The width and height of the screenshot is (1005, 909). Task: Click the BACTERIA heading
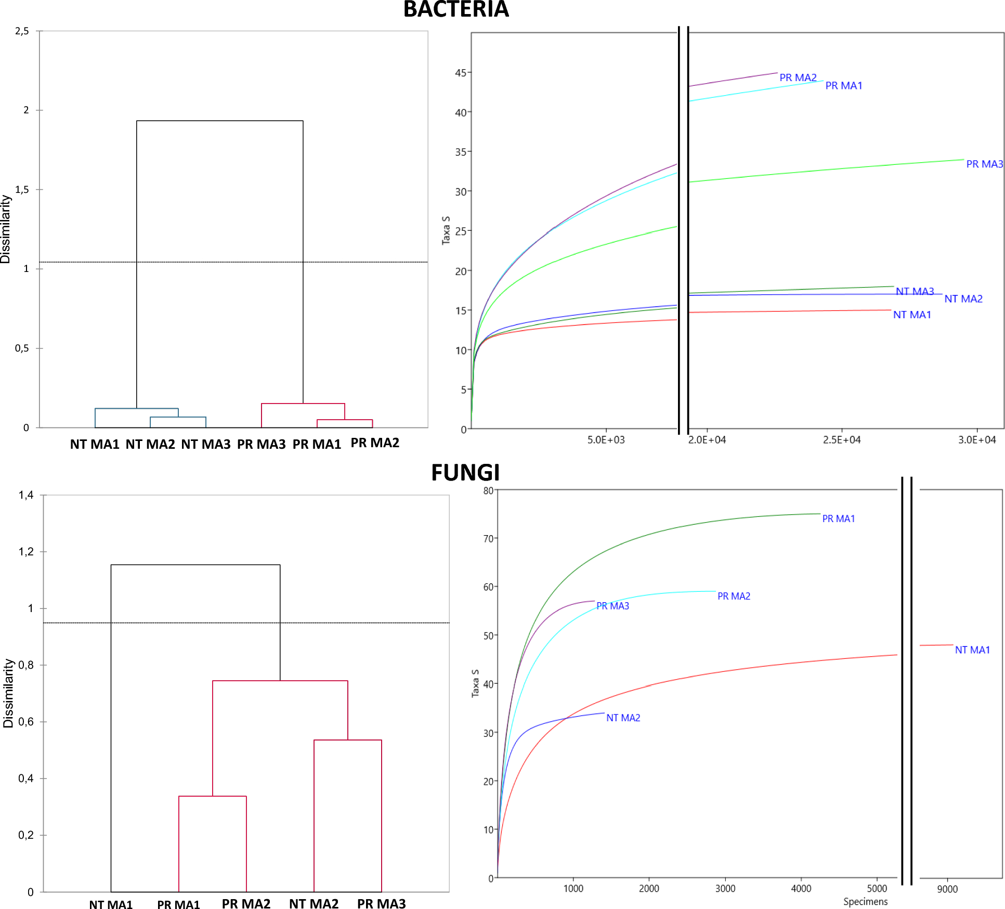pyautogui.click(x=455, y=9)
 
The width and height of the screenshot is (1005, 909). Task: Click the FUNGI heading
pyautogui.click(x=465, y=473)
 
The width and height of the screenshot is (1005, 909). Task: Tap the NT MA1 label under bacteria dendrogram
pyautogui.click(x=95, y=444)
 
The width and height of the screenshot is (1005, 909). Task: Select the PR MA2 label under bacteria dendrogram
pyautogui.click(x=374, y=443)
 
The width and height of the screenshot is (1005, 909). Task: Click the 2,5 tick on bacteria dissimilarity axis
pyautogui.click(x=22, y=31)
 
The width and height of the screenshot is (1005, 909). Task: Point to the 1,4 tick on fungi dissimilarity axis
pyautogui.click(x=26, y=495)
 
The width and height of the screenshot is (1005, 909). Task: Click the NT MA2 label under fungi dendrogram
pyautogui.click(x=314, y=904)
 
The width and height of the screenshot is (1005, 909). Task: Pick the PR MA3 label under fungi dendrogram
pyautogui.click(x=381, y=904)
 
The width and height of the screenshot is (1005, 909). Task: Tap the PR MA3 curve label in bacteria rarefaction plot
pyautogui.click(x=984, y=164)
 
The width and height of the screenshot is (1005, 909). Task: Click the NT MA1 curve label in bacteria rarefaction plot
pyautogui.click(x=912, y=315)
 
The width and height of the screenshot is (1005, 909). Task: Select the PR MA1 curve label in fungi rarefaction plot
pyautogui.click(x=838, y=518)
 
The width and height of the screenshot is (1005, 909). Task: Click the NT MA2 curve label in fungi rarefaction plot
pyautogui.click(x=623, y=718)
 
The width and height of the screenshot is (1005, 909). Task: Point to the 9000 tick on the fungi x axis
pyautogui.click(x=947, y=889)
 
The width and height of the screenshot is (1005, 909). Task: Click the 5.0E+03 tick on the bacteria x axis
pyautogui.click(x=606, y=440)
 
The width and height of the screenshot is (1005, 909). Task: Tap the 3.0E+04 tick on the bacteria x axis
pyautogui.click(x=977, y=440)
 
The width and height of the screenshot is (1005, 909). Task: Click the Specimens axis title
pyautogui.click(x=865, y=902)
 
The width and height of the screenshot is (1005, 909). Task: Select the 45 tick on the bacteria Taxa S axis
pyautogui.click(x=461, y=73)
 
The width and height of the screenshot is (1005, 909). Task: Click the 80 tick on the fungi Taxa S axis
pyautogui.click(x=488, y=490)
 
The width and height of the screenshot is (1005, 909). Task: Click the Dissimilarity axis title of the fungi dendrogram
pyautogui.click(x=8, y=693)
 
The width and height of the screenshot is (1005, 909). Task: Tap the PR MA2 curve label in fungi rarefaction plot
pyautogui.click(x=734, y=596)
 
